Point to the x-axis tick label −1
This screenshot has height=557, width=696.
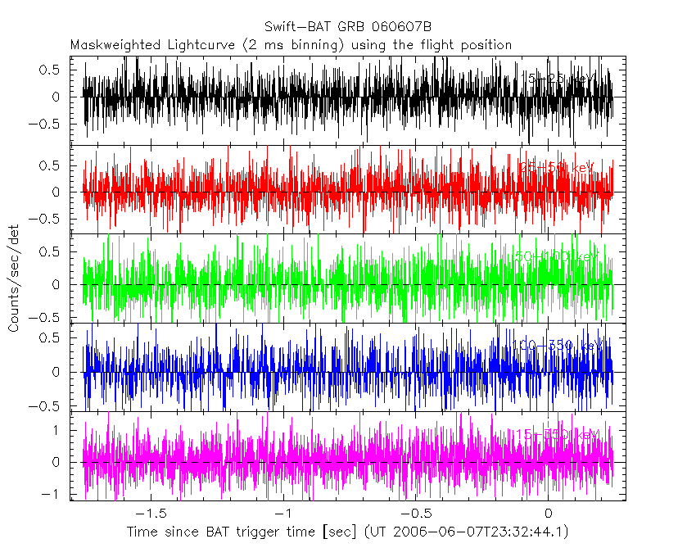tap(282, 514)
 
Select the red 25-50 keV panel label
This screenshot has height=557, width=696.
tap(557, 167)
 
